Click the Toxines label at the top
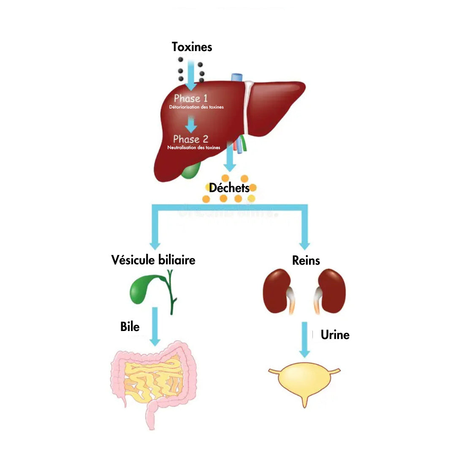[x=192, y=46]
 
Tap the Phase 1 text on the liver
[x=191, y=99]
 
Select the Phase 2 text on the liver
[x=190, y=139]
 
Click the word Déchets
[x=229, y=187]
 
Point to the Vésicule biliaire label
[x=153, y=260]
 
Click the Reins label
[x=306, y=261]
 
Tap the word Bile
[x=130, y=326]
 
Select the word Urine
[x=335, y=335]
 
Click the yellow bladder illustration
[x=304, y=382]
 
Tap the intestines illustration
[x=154, y=382]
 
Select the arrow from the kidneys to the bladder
[x=304, y=340]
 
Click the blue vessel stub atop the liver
[x=237, y=78]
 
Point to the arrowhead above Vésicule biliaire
[x=155, y=244]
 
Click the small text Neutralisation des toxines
[x=193, y=148]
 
